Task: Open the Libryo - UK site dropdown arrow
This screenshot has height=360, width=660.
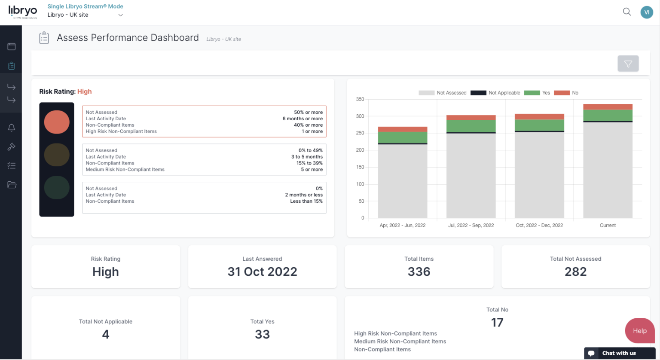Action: (120, 15)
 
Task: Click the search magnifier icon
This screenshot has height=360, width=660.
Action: (627, 12)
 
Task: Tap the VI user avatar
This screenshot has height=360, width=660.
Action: (646, 12)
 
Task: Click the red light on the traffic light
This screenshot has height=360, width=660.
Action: (57, 122)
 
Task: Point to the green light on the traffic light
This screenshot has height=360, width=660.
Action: (57, 187)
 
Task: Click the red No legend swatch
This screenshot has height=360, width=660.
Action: (562, 93)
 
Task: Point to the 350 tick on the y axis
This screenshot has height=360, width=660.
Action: (360, 99)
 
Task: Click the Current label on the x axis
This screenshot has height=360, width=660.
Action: (608, 225)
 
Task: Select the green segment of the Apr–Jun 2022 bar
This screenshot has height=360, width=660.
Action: (403, 137)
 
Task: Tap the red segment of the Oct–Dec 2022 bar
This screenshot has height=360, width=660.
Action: (539, 116)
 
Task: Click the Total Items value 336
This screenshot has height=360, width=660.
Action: (419, 272)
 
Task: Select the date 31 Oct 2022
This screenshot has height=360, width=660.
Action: (262, 272)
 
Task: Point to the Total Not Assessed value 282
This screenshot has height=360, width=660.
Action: (575, 272)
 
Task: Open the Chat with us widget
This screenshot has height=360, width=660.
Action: (619, 353)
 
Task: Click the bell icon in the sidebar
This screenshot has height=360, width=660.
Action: (12, 128)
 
